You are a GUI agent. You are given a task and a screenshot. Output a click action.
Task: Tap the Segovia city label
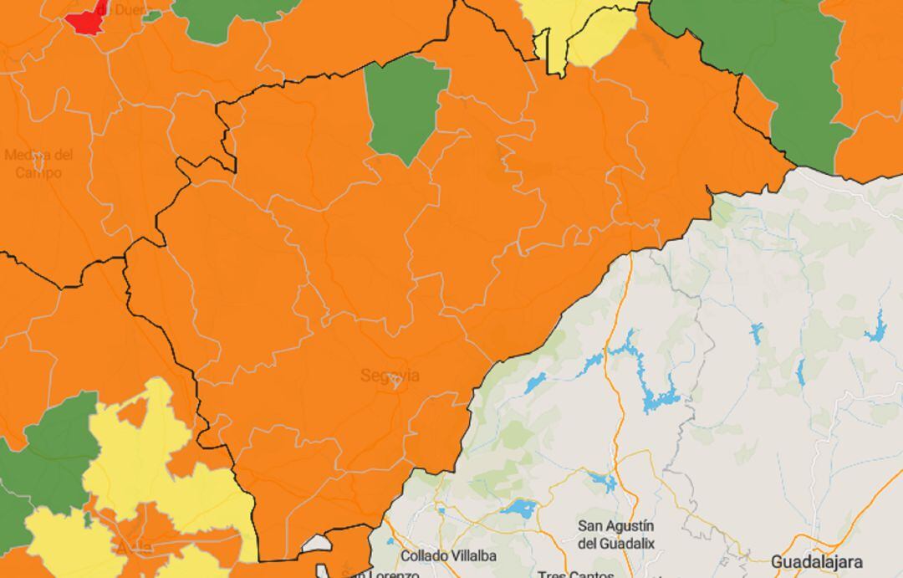tap(390, 376)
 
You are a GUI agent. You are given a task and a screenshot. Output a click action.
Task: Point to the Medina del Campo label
tap(39, 163)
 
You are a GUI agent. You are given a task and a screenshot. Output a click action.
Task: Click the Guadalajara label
tap(816, 560)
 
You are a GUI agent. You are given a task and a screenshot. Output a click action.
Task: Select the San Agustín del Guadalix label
tap(616, 535)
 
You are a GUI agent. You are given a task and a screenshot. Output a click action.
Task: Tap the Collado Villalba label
tap(448, 555)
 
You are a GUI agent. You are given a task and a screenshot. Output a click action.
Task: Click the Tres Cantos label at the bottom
tap(576, 574)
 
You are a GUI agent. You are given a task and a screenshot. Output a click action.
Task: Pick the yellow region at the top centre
tap(585, 29)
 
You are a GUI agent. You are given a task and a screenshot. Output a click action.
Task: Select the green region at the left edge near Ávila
tap(50, 456)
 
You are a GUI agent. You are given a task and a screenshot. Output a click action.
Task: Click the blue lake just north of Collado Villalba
tap(519, 509)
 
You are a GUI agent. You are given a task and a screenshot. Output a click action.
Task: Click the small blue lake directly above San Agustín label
tap(602, 481)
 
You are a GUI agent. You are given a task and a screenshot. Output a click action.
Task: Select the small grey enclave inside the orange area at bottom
tap(318, 545)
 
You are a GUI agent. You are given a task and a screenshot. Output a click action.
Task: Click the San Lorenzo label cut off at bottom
tap(385, 574)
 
